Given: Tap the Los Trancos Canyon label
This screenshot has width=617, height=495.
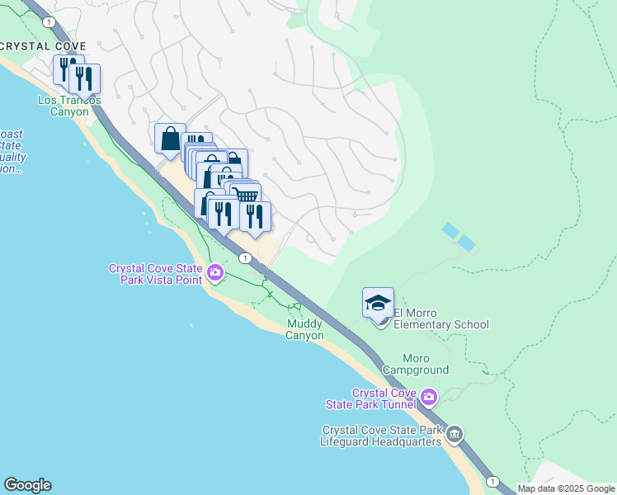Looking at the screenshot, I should point(69,106).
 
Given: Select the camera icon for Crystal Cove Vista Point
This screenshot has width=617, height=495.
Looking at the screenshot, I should point(215,272).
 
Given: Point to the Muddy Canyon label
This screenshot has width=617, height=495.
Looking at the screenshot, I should point(304,330).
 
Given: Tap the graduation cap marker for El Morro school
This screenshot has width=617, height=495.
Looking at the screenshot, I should point(378,304).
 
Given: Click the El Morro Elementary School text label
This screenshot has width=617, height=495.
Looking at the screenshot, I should point(440,318).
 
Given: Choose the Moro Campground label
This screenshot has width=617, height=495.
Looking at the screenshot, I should point(426,364).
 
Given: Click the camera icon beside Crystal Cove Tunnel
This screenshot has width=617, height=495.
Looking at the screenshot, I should point(428,398).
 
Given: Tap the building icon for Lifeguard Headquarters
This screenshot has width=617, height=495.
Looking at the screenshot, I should point(455,435).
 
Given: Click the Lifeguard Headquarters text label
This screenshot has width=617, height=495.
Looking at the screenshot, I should point(381,436).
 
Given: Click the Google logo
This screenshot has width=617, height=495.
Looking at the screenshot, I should point(27,485).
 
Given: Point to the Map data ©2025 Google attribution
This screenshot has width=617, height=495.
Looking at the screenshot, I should point(566,488).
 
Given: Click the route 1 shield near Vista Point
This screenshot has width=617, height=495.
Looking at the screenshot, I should point(245,258).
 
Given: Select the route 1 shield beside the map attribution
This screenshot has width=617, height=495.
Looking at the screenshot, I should point(492,481).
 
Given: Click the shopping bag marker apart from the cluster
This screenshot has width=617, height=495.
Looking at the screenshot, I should point(170,137).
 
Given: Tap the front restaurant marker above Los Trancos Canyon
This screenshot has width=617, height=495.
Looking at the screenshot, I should point(84,79).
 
